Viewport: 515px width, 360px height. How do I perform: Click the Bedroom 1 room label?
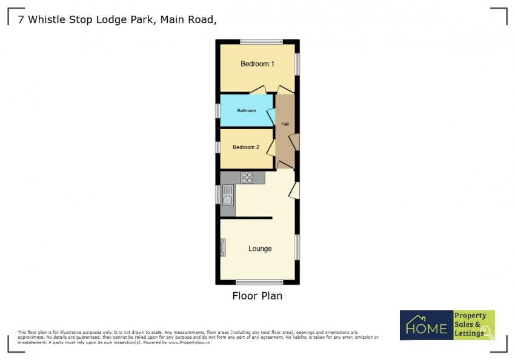(257, 64)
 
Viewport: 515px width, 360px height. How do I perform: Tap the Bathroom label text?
(247, 111)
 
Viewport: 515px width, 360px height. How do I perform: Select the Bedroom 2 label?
(246, 147)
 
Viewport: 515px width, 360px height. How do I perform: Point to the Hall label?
(285, 124)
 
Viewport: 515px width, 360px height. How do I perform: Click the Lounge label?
(260, 248)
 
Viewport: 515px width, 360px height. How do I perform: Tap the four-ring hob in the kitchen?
(247, 178)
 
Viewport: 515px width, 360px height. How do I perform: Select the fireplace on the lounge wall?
(223, 247)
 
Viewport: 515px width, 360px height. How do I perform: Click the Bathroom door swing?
(271, 116)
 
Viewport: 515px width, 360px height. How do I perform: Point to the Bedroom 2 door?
(271, 148)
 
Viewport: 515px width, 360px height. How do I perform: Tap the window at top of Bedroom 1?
(262, 42)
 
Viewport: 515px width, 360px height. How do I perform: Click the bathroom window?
(218, 111)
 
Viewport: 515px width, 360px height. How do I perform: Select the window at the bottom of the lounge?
(259, 282)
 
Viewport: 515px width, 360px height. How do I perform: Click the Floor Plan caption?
(257, 296)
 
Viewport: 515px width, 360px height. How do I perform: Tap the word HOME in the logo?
(427, 328)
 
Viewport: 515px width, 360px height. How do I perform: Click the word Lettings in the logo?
(469, 333)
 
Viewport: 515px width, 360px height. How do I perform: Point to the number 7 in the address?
(21, 20)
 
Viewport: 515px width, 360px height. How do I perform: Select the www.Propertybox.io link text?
(189, 342)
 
